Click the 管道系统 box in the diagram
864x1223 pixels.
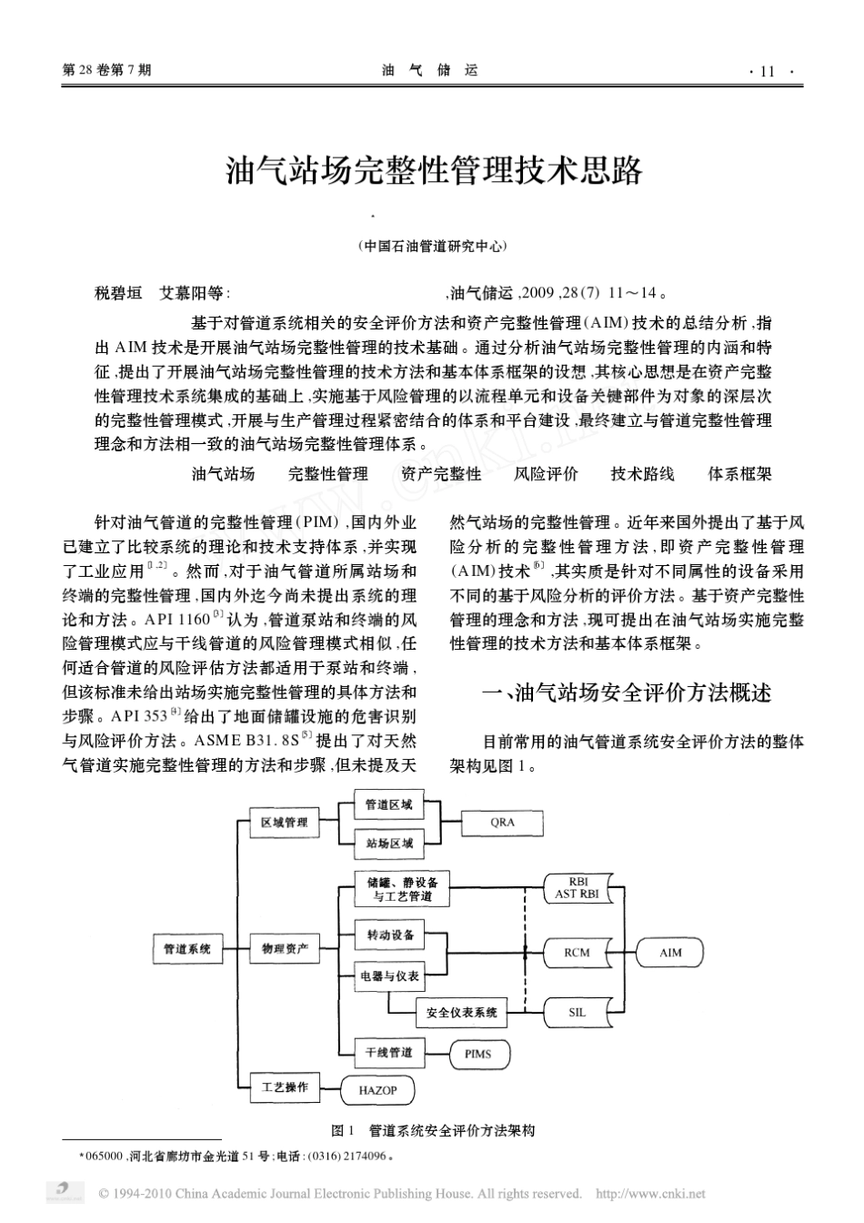[186, 949]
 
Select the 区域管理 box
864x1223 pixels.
[284, 822]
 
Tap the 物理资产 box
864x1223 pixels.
[284, 949]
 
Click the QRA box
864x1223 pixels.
[502, 822]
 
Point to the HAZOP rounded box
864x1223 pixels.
[377, 1090]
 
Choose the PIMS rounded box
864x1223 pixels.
[477, 1054]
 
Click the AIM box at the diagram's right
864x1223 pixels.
[669, 953]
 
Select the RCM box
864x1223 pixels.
[577, 953]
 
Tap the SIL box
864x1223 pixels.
[577, 1012]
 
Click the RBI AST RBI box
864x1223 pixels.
[577, 888]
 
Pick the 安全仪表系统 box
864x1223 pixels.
[462, 1012]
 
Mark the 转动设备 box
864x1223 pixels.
[390, 935]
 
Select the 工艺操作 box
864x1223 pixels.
[284, 1087]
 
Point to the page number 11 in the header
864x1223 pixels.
[766, 72]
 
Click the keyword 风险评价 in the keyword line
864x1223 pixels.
[546, 473]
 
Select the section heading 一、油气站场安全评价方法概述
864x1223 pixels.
[627, 693]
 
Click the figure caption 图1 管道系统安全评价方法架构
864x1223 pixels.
[434, 1130]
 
